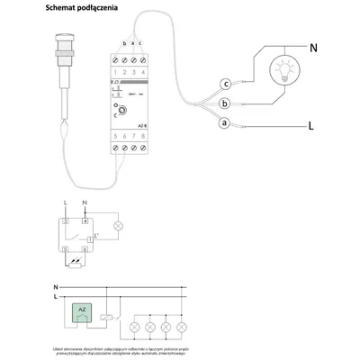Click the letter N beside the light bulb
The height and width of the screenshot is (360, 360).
[x=314, y=48]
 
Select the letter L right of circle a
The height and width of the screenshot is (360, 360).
[x=311, y=127]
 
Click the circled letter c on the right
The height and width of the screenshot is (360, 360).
[x=226, y=85]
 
